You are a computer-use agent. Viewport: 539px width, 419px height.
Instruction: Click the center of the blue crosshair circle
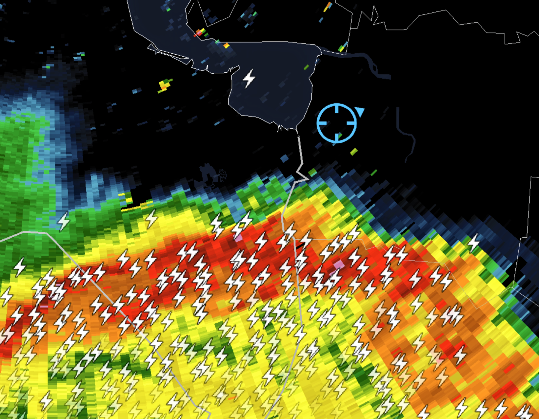pos(337,123)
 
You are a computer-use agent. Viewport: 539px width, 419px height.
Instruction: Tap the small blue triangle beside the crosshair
pos(360,112)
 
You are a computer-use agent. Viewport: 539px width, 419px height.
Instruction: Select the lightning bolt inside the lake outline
pos(249,78)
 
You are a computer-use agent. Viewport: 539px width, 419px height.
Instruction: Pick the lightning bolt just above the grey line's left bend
pos(63,221)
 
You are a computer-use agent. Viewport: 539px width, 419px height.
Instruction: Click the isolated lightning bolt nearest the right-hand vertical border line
pos(473,243)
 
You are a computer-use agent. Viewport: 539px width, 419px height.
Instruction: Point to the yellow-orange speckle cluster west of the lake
pos(164,85)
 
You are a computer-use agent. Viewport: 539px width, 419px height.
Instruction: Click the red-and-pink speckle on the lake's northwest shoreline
pos(199,33)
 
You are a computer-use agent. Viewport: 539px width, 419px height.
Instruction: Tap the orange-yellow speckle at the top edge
pos(328,6)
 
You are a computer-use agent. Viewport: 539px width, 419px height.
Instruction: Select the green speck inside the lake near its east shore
pos(306,67)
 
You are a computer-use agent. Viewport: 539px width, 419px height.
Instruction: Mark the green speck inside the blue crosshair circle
pos(340,135)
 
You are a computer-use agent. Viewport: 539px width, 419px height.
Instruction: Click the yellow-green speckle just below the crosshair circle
pos(354,151)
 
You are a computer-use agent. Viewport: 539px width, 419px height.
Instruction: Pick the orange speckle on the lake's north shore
pos(226,45)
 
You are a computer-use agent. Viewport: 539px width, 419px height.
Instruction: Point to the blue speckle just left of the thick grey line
pos(284,158)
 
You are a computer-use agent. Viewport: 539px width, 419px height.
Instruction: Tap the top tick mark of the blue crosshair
pos(337,109)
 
